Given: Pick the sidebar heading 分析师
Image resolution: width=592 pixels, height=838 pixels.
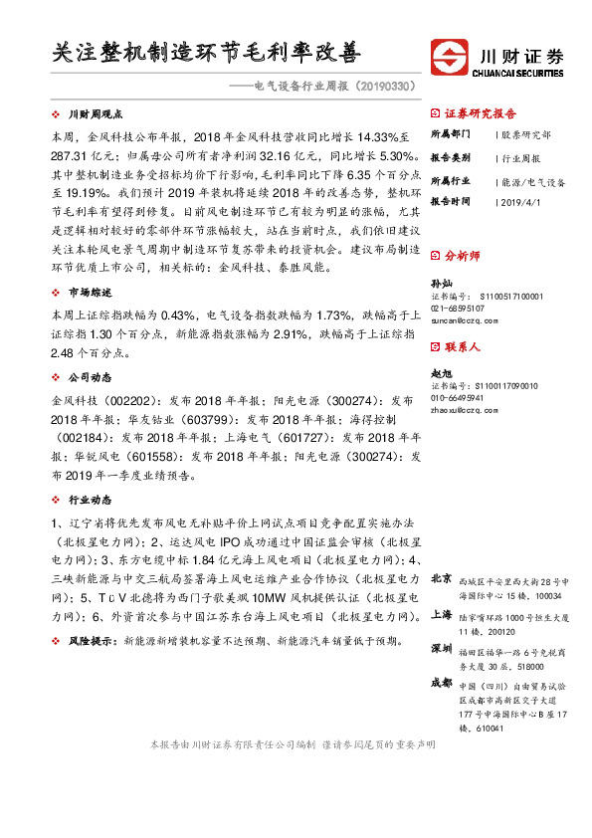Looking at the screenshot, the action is pos(462,256).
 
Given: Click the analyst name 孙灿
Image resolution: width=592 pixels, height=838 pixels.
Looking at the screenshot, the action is pos(440,284).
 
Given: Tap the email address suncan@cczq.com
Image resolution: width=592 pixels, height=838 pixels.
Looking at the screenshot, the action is pos(463,321).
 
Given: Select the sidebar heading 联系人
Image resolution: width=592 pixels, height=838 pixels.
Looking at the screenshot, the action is pos(462,347).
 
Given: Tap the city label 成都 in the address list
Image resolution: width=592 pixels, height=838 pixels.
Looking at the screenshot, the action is pos(440,684).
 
